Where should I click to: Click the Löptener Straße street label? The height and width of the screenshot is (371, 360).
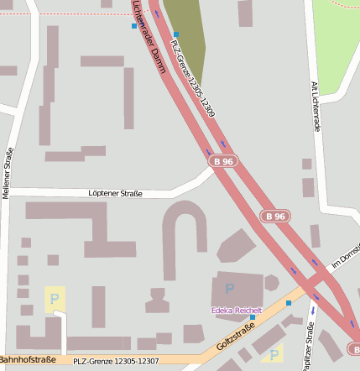tap(115, 194)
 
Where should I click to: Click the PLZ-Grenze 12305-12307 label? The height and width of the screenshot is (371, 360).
tap(116, 361)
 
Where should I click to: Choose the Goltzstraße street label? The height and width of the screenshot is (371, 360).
tap(235, 337)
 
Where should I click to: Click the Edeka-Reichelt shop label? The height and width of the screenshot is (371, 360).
tap(237, 311)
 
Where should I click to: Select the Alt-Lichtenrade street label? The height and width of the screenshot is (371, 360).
tap(316, 104)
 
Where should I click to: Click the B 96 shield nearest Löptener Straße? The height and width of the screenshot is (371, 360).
tap(223, 161)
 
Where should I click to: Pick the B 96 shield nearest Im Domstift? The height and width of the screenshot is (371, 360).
tap(275, 216)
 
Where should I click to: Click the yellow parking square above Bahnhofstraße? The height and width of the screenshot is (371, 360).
tap(55, 299)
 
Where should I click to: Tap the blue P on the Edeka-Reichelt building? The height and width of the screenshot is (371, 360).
tap(230, 289)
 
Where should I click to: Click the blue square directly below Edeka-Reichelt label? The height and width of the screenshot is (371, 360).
tap(252, 318)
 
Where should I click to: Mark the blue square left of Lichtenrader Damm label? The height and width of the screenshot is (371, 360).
tap(134, 26)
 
